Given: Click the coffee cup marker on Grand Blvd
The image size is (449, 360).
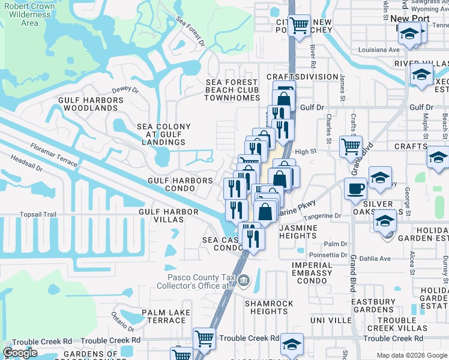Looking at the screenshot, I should [355, 189].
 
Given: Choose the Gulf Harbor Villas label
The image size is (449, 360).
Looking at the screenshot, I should [169, 216].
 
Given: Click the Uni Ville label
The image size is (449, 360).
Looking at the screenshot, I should [331, 321].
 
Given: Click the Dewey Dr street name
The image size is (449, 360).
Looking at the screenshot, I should [125, 91].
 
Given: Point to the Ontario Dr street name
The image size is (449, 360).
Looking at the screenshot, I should [122, 325].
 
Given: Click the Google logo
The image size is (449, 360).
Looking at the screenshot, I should [20, 353].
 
